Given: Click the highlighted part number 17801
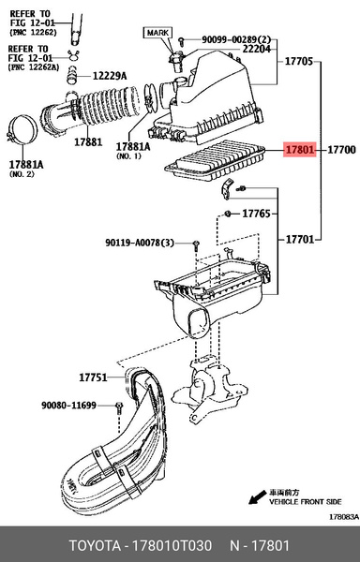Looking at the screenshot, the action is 300,150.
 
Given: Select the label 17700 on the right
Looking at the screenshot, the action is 341,150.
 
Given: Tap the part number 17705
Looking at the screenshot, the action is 299,61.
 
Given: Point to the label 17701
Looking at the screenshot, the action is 300,239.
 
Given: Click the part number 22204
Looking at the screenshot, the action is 256,49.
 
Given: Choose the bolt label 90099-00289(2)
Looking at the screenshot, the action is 236,39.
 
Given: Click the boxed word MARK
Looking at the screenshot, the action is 157,33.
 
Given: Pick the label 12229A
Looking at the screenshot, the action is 110,76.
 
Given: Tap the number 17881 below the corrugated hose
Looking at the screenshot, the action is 88,142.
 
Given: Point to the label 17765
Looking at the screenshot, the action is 256,214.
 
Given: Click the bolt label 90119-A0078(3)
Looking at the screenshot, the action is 140,243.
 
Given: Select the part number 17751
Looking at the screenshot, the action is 93,377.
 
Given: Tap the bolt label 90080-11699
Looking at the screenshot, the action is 68,406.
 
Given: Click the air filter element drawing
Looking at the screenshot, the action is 215,159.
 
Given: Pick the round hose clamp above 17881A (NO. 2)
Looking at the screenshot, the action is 22,130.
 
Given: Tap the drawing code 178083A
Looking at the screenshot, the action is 344,517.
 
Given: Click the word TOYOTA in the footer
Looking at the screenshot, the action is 95,546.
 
